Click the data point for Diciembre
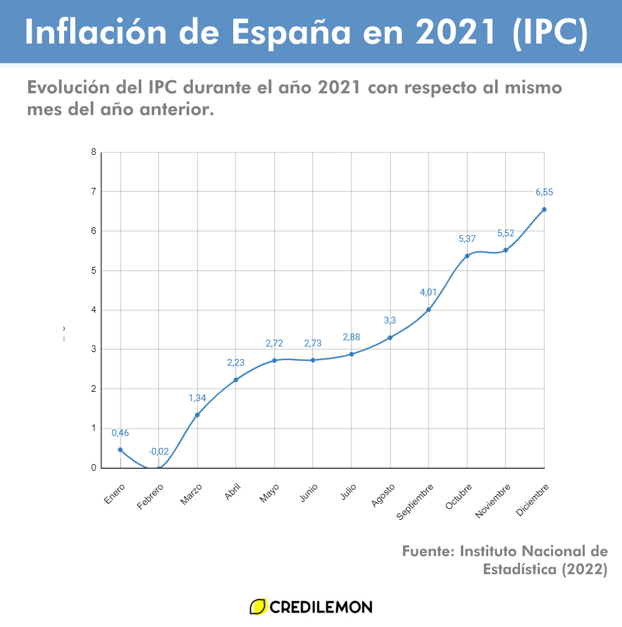click(544, 210)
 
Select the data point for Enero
click(120, 450)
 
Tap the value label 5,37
click(467, 239)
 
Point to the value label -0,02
click(159, 452)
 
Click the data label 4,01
click(429, 293)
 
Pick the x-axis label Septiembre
click(413, 501)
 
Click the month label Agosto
click(382, 495)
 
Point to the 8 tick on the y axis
click(93, 152)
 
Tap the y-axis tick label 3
click(93, 350)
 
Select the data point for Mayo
click(274, 361)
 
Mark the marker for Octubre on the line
click(467, 256)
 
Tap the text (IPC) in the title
click(550, 33)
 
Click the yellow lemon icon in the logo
click(258, 606)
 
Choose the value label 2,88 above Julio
click(351, 337)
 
